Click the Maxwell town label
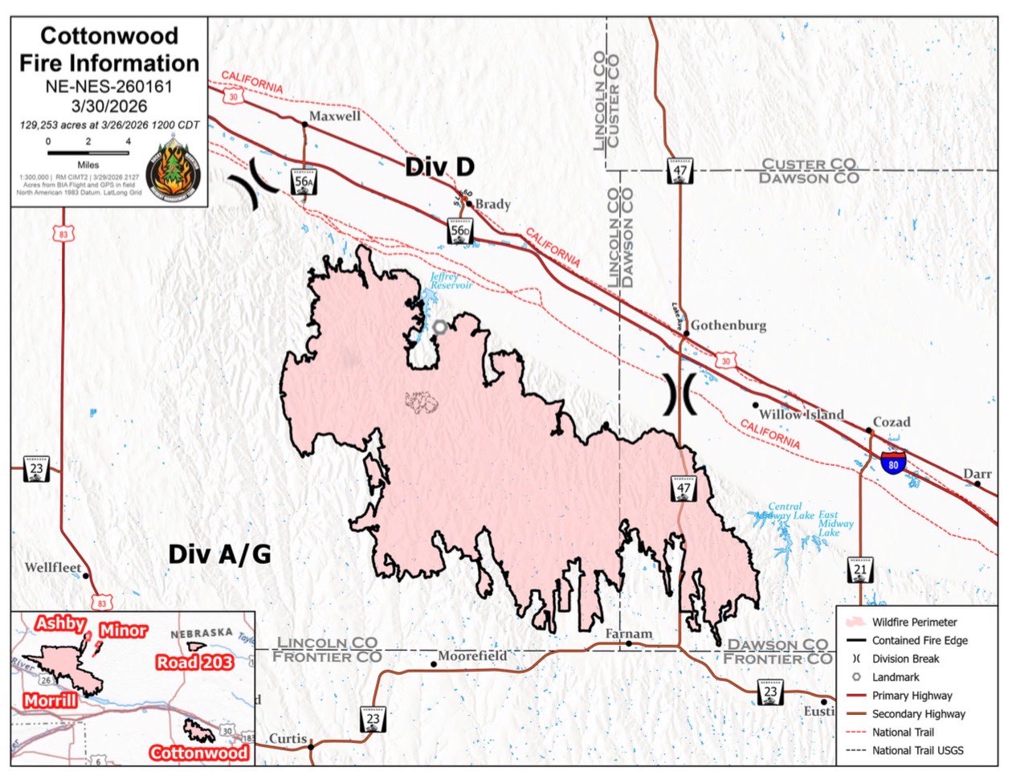point(335,116)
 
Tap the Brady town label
point(492,204)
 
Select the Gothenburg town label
point(728,325)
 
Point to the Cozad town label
point(892,422)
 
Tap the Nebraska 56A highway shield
point(304,182)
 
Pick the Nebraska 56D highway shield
point(459,231)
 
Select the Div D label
point(439,166)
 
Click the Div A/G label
point(219,554)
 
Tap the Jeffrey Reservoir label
point(451,281)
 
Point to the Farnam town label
point(629,634)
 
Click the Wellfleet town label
point(53,568)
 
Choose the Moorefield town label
point(472,656)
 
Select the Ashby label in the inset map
point(60,623)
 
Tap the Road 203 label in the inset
point(194,662)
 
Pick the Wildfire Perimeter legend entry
point(914,622)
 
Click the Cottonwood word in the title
point(109,36)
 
